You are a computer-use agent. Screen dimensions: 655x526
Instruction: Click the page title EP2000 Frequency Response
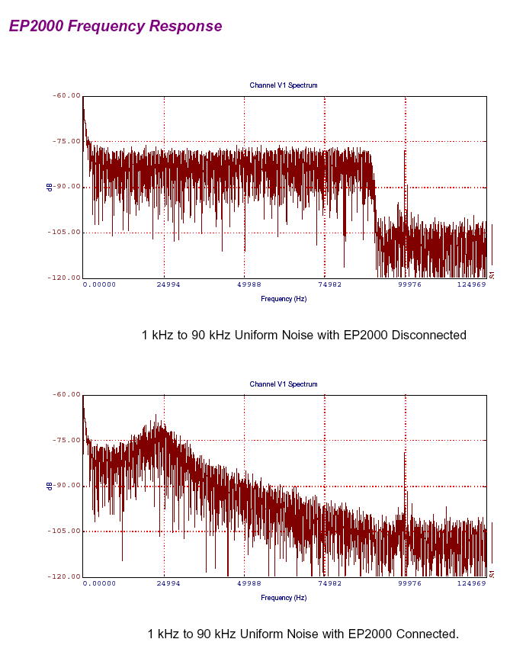(x=115, y=26)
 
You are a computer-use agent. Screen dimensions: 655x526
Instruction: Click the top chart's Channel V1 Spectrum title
(x=284, y=85)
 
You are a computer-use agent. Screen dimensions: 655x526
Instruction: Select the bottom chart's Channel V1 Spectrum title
(x=284, y=384)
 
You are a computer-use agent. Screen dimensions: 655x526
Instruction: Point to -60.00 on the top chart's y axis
(x=66, y=96)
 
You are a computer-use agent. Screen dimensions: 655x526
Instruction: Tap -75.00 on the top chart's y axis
(x=66, y=141)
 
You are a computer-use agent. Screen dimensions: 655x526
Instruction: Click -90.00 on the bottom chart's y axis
(x=66, y=486)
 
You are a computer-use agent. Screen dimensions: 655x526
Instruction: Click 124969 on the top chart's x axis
(x=471, y=284)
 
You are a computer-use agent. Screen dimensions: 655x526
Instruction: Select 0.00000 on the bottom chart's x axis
(x=99, y=583)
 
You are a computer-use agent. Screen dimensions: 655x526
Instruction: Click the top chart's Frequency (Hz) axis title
(x=284, y=299)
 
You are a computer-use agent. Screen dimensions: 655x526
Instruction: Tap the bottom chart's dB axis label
(x=50, y=486)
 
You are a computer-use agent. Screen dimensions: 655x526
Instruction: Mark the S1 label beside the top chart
(x=492, y=275)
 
